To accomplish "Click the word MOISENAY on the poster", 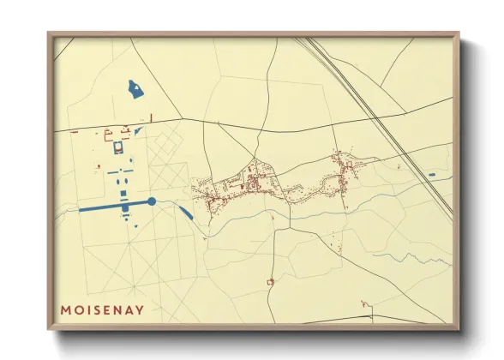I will point(102,308).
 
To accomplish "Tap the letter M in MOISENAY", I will point(65,308).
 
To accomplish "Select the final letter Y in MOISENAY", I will point(140,308).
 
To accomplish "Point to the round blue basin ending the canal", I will point(152,201).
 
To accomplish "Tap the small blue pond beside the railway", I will point(431,175).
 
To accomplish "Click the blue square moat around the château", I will point(117,149).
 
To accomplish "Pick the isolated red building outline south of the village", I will point(270,281).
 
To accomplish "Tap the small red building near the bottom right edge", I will point(365,303).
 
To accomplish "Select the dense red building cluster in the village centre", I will point(253,182).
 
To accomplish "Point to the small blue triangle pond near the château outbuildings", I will point(137,131).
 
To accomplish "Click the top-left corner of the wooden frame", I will point(50,34).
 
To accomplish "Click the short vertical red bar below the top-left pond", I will point(151,117).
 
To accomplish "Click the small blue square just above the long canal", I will point(125,195).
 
